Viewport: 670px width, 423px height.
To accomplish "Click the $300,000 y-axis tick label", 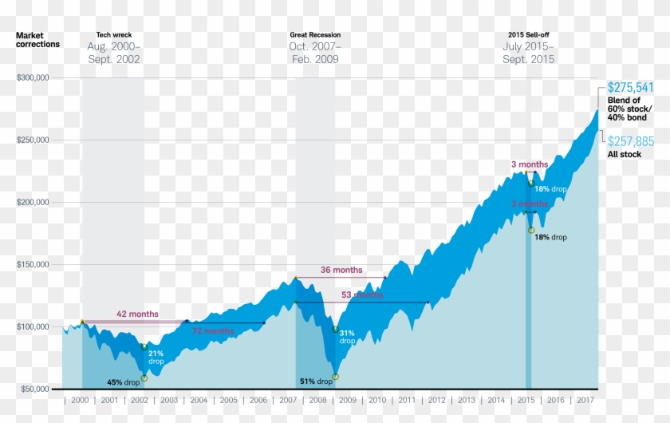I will (33, 78).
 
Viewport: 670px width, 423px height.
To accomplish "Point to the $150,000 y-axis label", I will (33, 265).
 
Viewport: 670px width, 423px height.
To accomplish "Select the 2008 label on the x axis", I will (318, 400).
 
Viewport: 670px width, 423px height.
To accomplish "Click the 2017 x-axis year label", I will (585, 400).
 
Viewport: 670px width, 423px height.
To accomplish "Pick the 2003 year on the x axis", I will (169, 400).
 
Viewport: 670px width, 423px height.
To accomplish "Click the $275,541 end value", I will (630, 87).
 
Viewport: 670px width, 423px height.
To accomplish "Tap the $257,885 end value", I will (630, 141).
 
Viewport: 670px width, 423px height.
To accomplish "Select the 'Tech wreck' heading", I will (113, 35).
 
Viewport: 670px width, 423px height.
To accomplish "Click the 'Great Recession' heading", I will (315, 35).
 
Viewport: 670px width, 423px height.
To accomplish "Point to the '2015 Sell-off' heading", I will (528, 35).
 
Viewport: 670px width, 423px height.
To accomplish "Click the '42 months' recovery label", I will (137, 314).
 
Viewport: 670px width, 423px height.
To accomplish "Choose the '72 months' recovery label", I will (213, 330).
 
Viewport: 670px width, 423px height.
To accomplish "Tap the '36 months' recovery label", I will (341, 270).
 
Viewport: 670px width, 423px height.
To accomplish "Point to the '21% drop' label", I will (156, 357).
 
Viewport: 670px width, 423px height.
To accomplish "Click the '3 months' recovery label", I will (530, 164).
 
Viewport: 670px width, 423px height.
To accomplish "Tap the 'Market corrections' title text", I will (37, 40).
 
